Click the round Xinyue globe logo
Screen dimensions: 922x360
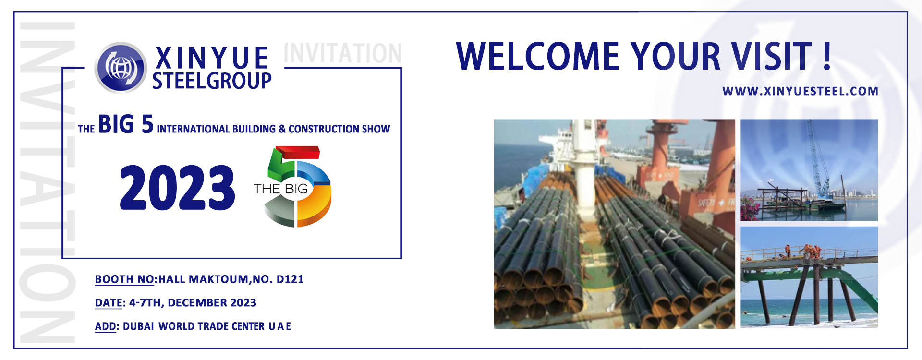pos(121,67)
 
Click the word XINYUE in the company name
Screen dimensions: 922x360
pos(212,58)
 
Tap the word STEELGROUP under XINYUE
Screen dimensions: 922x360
pos(212,81)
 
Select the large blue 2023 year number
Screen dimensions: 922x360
pos(177,187)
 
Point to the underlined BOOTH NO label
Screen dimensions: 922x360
pos(124,279)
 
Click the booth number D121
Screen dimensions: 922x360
pos(290,279)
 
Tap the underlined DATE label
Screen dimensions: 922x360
pos(109,303)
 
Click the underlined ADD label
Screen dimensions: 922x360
pos(106,326)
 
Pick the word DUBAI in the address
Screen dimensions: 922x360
pos(138,326)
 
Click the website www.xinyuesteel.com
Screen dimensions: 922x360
pos(800,91)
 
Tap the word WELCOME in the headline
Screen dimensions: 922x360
pos(538,57)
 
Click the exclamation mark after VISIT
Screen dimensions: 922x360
pos(827,56)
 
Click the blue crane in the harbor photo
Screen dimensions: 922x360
pos(816,158)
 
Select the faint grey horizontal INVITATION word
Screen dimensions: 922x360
pos(342,53)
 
